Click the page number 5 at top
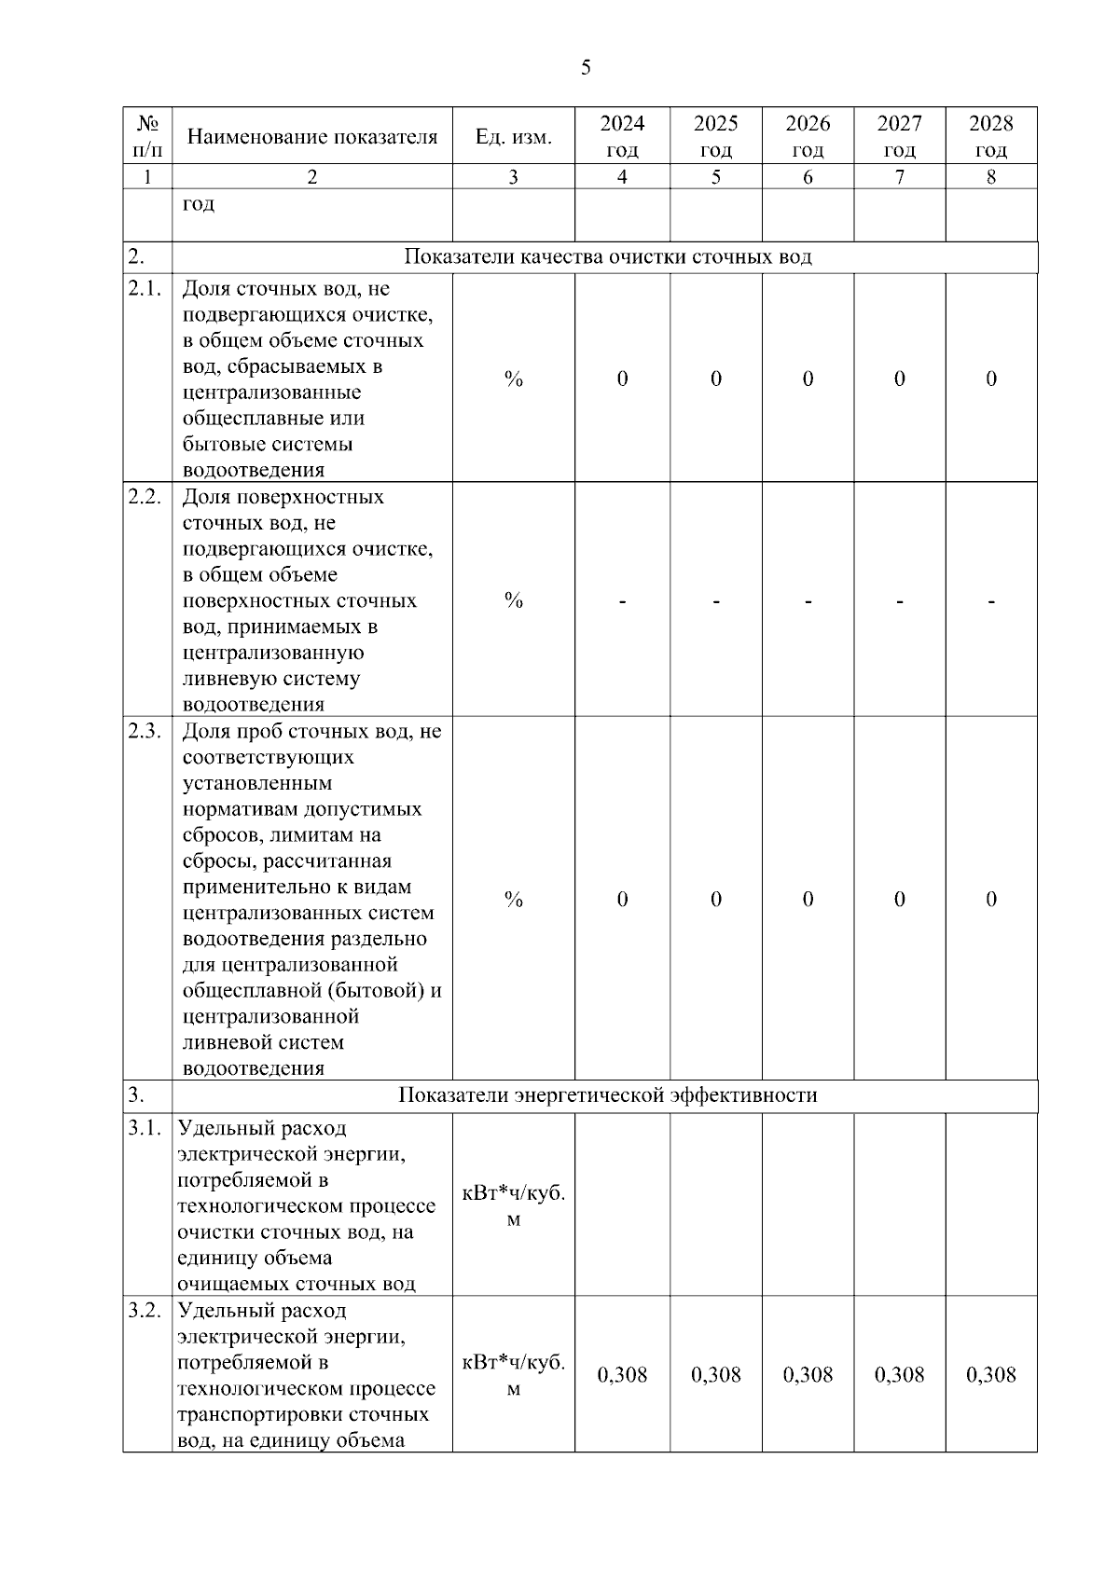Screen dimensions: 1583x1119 [586, 67]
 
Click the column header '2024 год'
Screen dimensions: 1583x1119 [622, 136]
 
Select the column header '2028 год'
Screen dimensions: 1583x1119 [990, 136]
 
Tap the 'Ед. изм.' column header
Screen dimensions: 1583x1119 [513, 138]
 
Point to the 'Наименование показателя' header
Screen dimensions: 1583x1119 [312, 137]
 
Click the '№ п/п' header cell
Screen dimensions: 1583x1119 [147, 136]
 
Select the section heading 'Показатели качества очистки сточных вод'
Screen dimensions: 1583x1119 [608, 257]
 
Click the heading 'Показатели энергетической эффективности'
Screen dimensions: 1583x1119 [608, 1094]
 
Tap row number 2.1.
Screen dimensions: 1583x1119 [145, 289]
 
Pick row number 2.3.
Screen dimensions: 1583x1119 [145, 730]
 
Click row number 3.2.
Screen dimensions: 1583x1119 [145, 1310]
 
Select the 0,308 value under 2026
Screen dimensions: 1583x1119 [808, 1374]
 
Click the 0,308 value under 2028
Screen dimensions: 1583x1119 [990, 1374]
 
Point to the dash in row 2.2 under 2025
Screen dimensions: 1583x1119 [715, 601]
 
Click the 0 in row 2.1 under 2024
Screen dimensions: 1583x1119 [622, 379]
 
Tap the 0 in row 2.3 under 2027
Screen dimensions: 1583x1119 [899, 899]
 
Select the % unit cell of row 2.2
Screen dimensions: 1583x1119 [513, 600]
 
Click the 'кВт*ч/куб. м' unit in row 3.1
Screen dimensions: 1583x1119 [513, 1205]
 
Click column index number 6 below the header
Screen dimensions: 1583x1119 [808, 177]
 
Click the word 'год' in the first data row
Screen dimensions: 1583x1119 [199, 203]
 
